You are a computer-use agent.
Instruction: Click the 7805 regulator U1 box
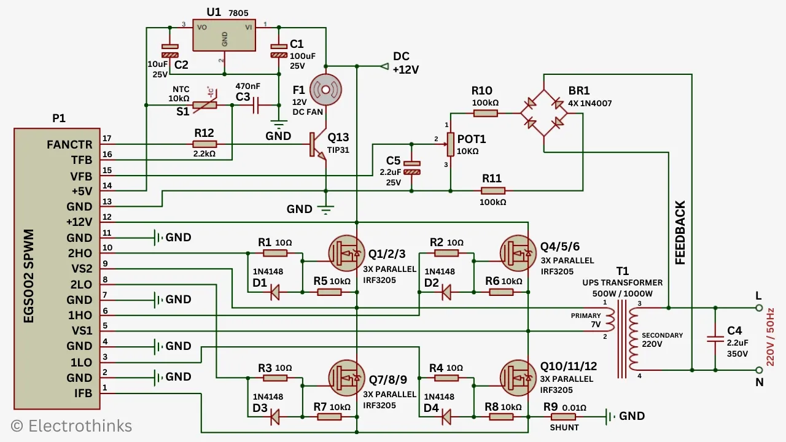224,36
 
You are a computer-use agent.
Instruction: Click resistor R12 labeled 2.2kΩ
204,144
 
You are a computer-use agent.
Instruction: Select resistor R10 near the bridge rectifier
485,113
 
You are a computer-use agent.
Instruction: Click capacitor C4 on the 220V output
715,338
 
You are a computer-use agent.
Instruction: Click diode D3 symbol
274,417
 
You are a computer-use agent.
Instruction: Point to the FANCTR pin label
69,145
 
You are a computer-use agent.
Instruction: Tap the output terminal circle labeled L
758,308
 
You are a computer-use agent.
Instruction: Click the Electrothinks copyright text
71,425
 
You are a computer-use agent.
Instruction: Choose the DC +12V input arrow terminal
385,66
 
